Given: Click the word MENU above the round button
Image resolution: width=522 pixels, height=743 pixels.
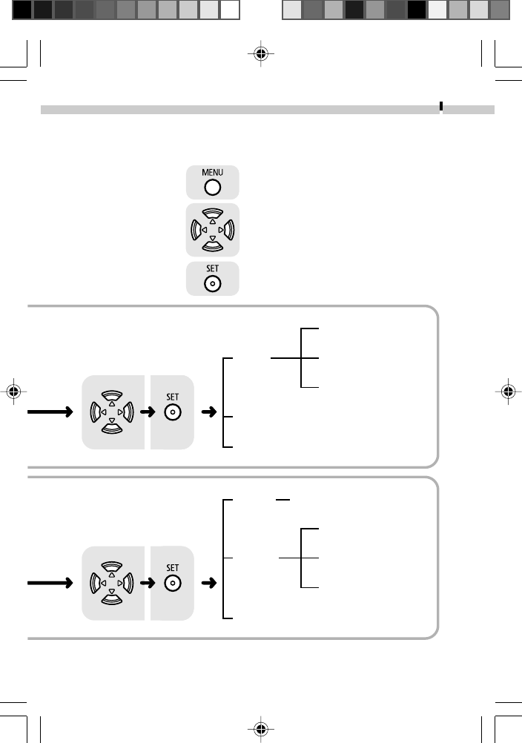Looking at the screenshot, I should click(212, 172).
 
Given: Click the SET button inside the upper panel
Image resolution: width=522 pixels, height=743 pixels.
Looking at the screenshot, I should click(171, 412).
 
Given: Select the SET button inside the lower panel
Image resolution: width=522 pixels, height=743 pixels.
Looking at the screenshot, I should click(171, 583).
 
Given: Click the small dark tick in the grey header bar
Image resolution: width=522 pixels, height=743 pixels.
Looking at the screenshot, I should click(441, 106).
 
